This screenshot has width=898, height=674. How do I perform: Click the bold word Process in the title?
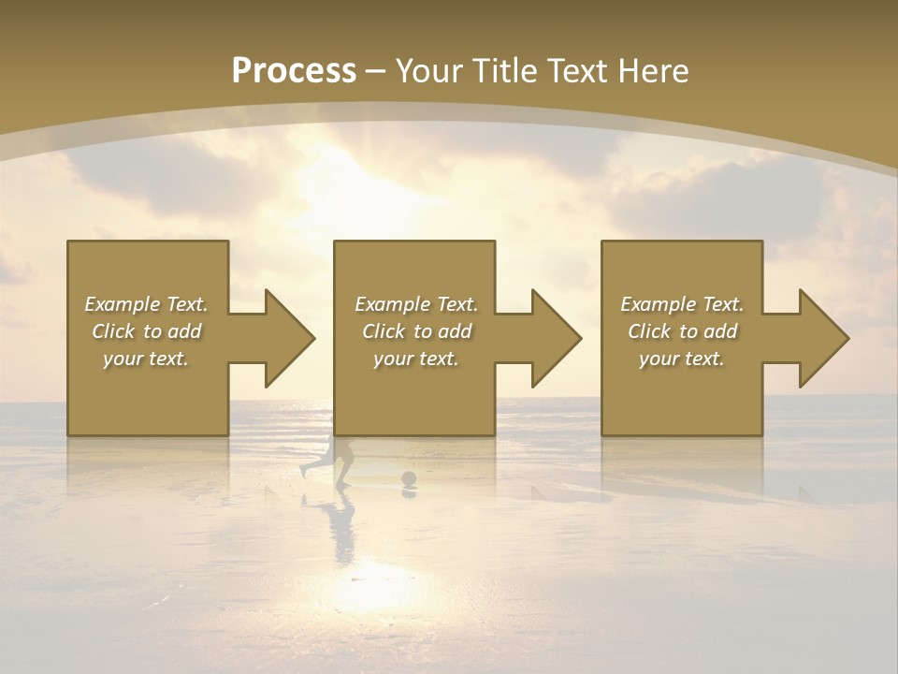pos(294,71)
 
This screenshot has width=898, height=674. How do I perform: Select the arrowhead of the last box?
pos(822,338)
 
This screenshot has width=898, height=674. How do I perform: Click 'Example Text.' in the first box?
pos(146,304)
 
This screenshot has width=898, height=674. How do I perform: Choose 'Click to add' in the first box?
pos(146,331)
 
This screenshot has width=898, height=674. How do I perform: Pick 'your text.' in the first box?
pos(146,359)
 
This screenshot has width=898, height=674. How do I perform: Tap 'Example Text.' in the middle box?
pos(416,304)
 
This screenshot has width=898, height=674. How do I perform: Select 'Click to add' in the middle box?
pos(416,331)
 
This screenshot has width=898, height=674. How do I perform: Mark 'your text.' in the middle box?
pos(416,359)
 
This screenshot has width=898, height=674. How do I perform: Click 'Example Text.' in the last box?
pos(682,304)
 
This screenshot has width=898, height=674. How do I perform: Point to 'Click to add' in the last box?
pos(682,331)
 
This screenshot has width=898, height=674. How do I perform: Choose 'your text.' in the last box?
pos(682,359)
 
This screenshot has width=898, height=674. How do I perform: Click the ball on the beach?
pos(409,479)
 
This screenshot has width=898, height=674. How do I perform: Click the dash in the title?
pos(375,72)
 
